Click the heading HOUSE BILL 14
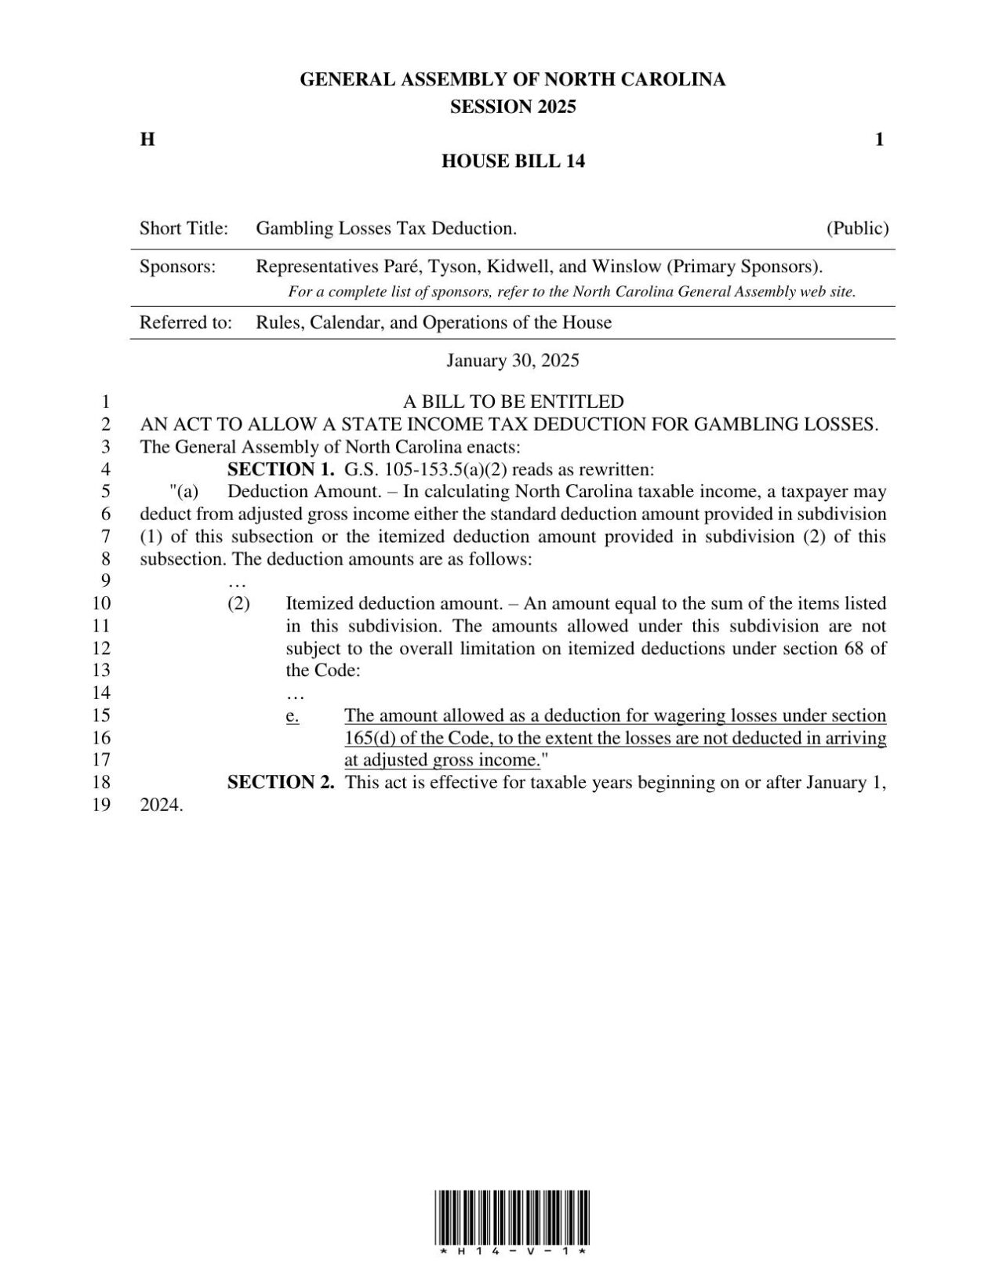click(513, 162)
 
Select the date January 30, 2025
click(513, 361)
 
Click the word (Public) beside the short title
click(857, 229)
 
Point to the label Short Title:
click(184, 229)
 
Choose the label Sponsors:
click(177, 267)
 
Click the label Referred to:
click(185, 322)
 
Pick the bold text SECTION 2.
click(281, 782)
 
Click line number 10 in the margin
click(102, 603)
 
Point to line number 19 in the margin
click(102, 805)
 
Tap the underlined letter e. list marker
click(293, 715)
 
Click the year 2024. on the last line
click(162, 805)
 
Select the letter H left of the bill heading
click(147, 140)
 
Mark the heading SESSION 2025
click(513, 107)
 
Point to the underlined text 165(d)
click(369, 738)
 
